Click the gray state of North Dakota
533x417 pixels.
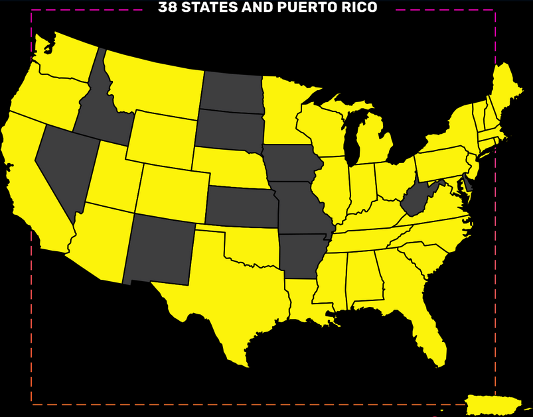[230, 91]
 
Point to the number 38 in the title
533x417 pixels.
[168, 8]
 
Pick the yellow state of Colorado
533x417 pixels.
[171, 192]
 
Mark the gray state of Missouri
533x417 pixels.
[302, 209]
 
